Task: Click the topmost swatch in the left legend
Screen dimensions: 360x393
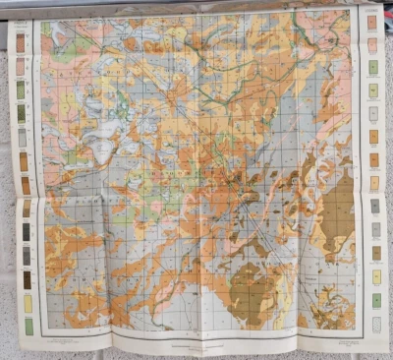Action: coord(21,41)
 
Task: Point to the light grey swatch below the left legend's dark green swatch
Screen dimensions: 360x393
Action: coord(21,137)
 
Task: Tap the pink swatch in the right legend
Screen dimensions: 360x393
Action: coord(372,44)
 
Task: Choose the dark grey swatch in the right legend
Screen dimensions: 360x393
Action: coord(374,206)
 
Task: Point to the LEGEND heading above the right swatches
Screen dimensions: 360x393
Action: coord(372,10)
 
